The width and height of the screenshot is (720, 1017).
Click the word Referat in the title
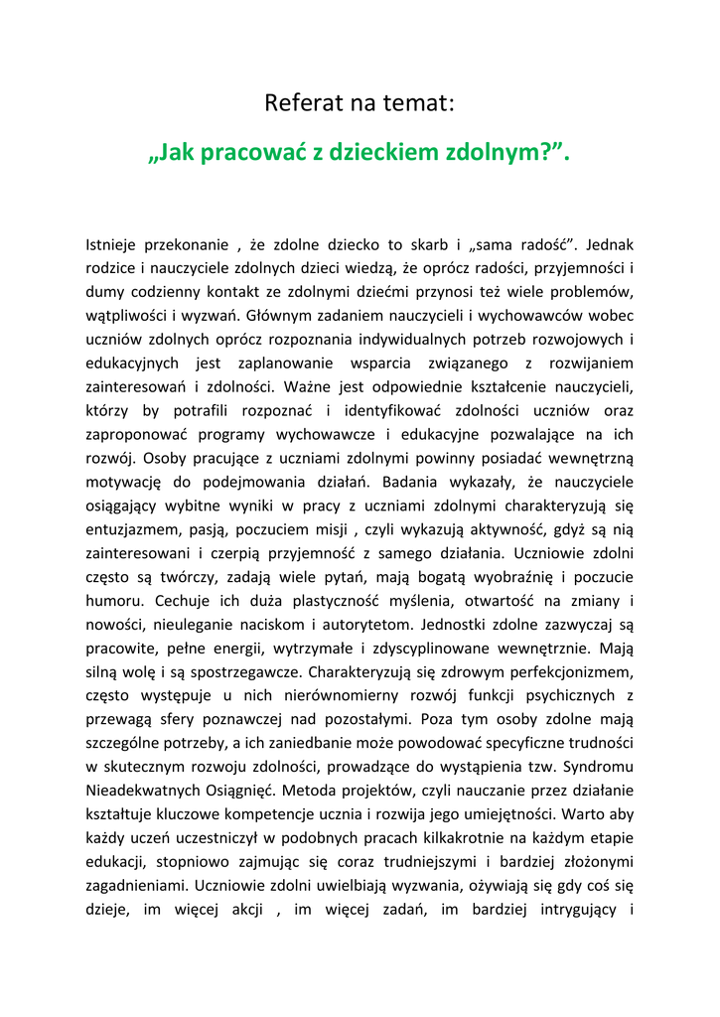click(300, 102)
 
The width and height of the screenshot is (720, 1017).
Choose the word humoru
click(114, 602)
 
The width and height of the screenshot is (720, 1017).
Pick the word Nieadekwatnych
click(147, 792)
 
